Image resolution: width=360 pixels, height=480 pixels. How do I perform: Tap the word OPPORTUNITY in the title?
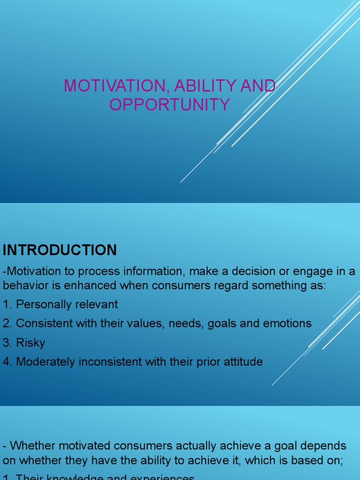click(x=170, y=105)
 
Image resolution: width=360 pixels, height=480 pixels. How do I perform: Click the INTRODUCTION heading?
click(x=60, y=250)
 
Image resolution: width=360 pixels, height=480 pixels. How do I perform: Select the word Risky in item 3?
click(x=30, y=343)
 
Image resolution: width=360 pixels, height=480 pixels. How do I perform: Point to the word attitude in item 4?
click(x=244, y=362)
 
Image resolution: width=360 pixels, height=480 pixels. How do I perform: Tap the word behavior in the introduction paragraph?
click(x=21, y=286)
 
